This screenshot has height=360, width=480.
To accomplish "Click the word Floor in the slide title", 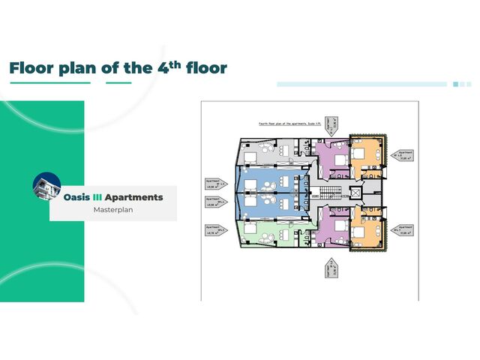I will tap(31, 68).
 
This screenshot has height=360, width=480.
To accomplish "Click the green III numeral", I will tap(96, 197).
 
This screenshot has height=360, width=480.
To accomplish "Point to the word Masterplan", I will tap(113, 210).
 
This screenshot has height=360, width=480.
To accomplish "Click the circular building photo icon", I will tap(47, 186).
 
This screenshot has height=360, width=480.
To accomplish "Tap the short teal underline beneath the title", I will tap(118, 82).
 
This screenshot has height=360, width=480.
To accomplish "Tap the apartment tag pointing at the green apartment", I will tap(214, 230).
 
